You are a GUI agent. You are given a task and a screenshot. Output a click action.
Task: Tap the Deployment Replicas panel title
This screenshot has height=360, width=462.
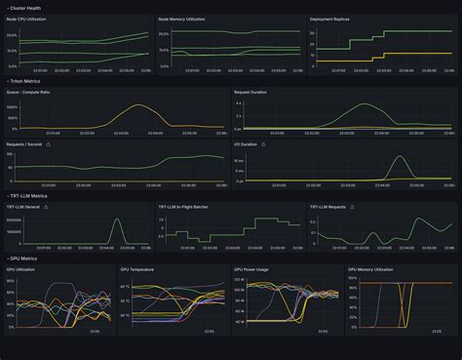331,19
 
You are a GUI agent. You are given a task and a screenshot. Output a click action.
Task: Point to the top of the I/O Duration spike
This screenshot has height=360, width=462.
399,156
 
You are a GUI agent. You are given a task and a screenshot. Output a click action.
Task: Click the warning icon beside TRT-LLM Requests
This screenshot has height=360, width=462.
353,207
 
